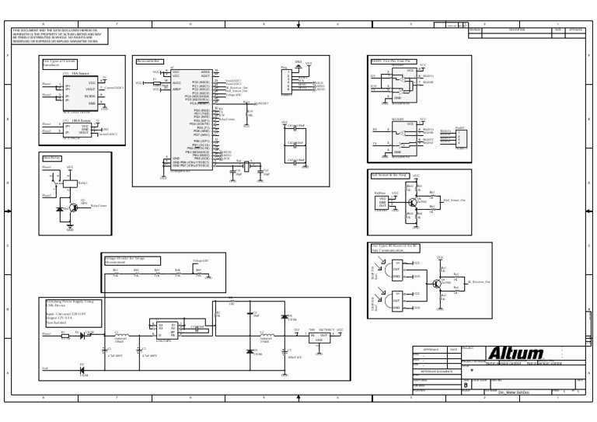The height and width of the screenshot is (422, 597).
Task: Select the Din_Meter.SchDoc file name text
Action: (514, 392)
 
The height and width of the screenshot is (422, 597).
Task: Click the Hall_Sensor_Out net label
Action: (454, 201)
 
